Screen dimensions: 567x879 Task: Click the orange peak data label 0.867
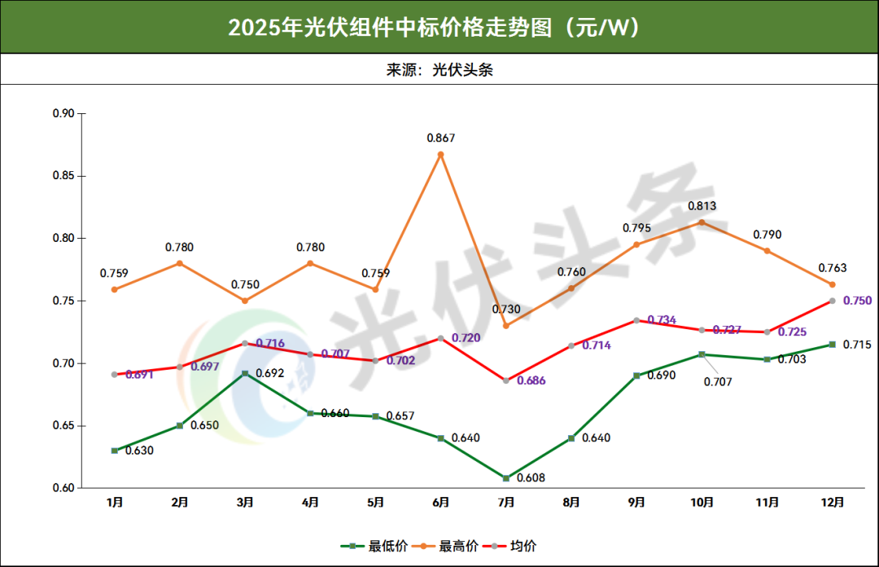point(440,138)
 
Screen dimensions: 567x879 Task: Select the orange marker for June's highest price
point(440,154)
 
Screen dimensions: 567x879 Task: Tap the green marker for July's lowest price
point(505,478)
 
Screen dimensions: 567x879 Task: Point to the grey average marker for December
point(832,301)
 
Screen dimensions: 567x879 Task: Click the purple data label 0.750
point(857,301)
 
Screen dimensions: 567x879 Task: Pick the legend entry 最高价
point(453,546)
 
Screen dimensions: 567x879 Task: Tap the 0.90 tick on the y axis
point(63,113)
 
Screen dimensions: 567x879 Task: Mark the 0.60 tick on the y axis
point(63,488)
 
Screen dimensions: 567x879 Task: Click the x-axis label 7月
point(505,503)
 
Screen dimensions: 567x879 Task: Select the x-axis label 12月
point(832,503)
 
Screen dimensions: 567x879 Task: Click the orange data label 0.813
point(702,206)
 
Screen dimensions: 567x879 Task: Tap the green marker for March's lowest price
point(245,373)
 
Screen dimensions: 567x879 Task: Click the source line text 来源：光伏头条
point(439,70)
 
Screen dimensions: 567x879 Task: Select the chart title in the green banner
point(439,27)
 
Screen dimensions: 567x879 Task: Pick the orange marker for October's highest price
point(702,222)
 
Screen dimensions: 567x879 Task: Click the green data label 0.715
point(857,345)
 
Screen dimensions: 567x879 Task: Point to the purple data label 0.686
point(531,380)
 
